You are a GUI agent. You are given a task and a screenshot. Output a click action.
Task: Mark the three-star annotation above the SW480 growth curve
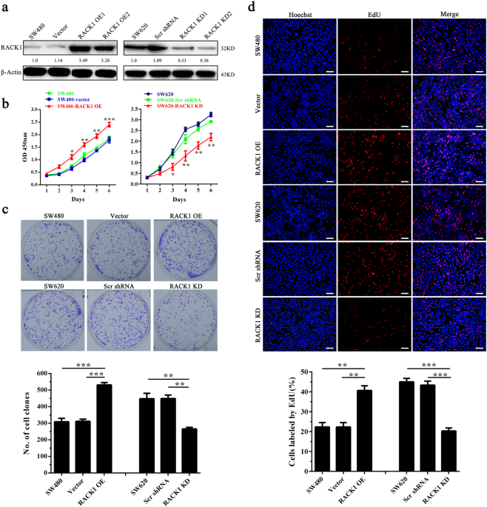click(110, 119)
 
